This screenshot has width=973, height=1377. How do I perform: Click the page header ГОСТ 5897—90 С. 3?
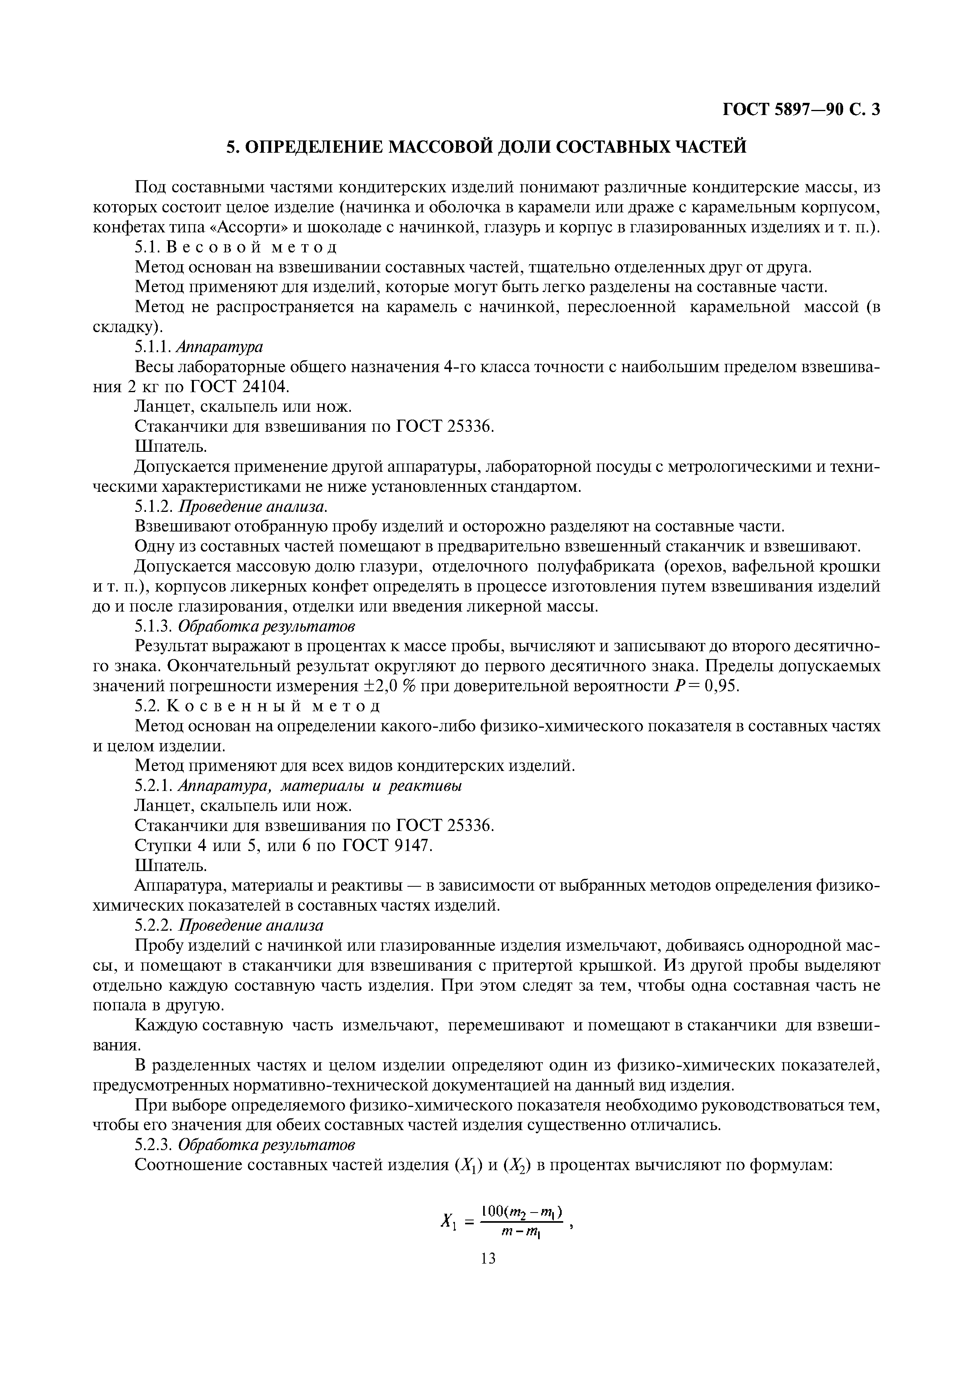(800, 110)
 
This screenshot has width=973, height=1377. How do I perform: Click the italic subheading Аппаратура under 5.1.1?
(221, 347)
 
